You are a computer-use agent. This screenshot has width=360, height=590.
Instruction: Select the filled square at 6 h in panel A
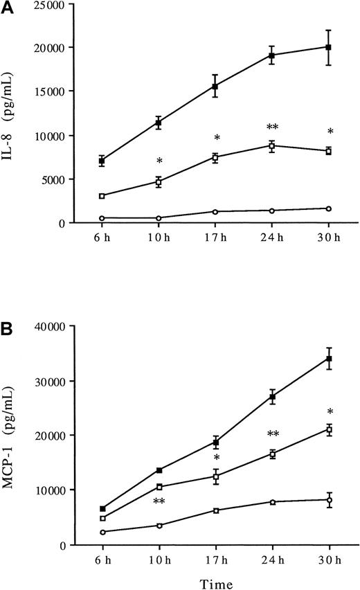(x=102, y=161)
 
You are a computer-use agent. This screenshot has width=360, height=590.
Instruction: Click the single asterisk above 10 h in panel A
(x=159, y=161)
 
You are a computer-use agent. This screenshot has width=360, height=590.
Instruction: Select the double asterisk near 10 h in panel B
(x=159, y=501)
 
